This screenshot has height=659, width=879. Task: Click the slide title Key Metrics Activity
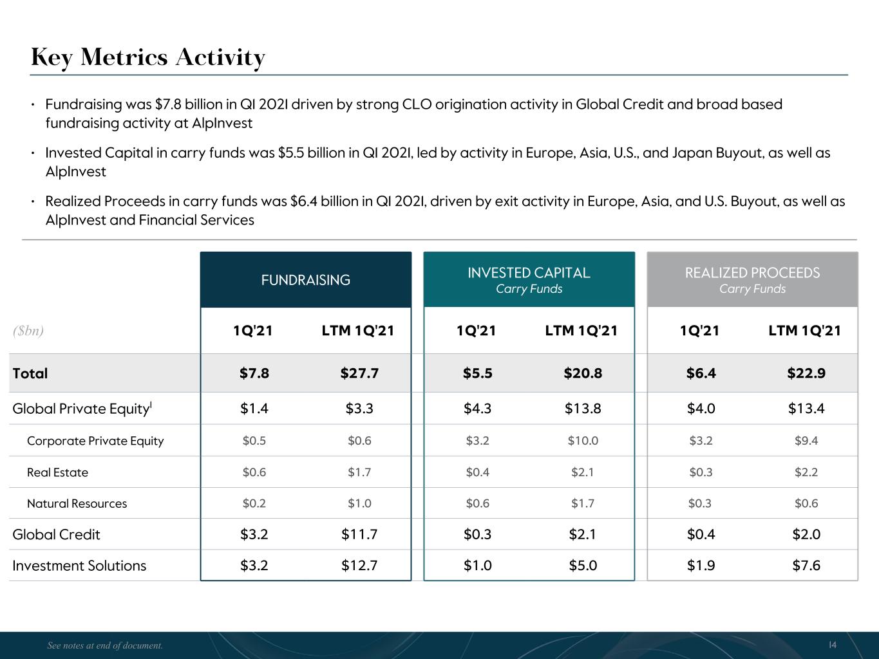tap(147, 58)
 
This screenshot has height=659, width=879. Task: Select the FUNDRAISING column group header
tap(305, 280)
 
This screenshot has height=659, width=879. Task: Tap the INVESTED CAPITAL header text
tap(529, 273)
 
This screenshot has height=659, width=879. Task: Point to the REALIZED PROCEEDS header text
tap(752, 273)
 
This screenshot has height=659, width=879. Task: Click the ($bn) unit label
tap(28, 331)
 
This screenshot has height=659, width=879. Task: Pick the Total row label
tap(30, 373)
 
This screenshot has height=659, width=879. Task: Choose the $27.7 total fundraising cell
tap(359, 373)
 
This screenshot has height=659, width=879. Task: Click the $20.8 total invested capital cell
tap(583, 373)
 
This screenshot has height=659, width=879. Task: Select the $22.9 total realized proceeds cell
tap(806, 373)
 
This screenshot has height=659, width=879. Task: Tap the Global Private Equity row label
tap(82, 409)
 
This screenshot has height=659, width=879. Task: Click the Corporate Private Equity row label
tap(95, 441)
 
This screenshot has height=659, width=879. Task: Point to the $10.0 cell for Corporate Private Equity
tap(583, 441)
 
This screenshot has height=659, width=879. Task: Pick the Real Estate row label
tap(57, 472)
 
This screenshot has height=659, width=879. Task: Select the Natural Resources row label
tap(77, 503)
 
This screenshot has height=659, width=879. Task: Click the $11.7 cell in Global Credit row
tap(359, 534)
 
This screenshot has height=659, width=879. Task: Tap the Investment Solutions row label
tap(79, 566)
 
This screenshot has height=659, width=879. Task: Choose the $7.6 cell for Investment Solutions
tap(806, 566)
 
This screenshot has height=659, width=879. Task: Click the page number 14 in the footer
tap(833, 645)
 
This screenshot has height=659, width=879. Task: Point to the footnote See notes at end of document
tap(105, 645)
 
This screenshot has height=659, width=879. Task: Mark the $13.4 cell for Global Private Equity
tap(806, 409)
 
